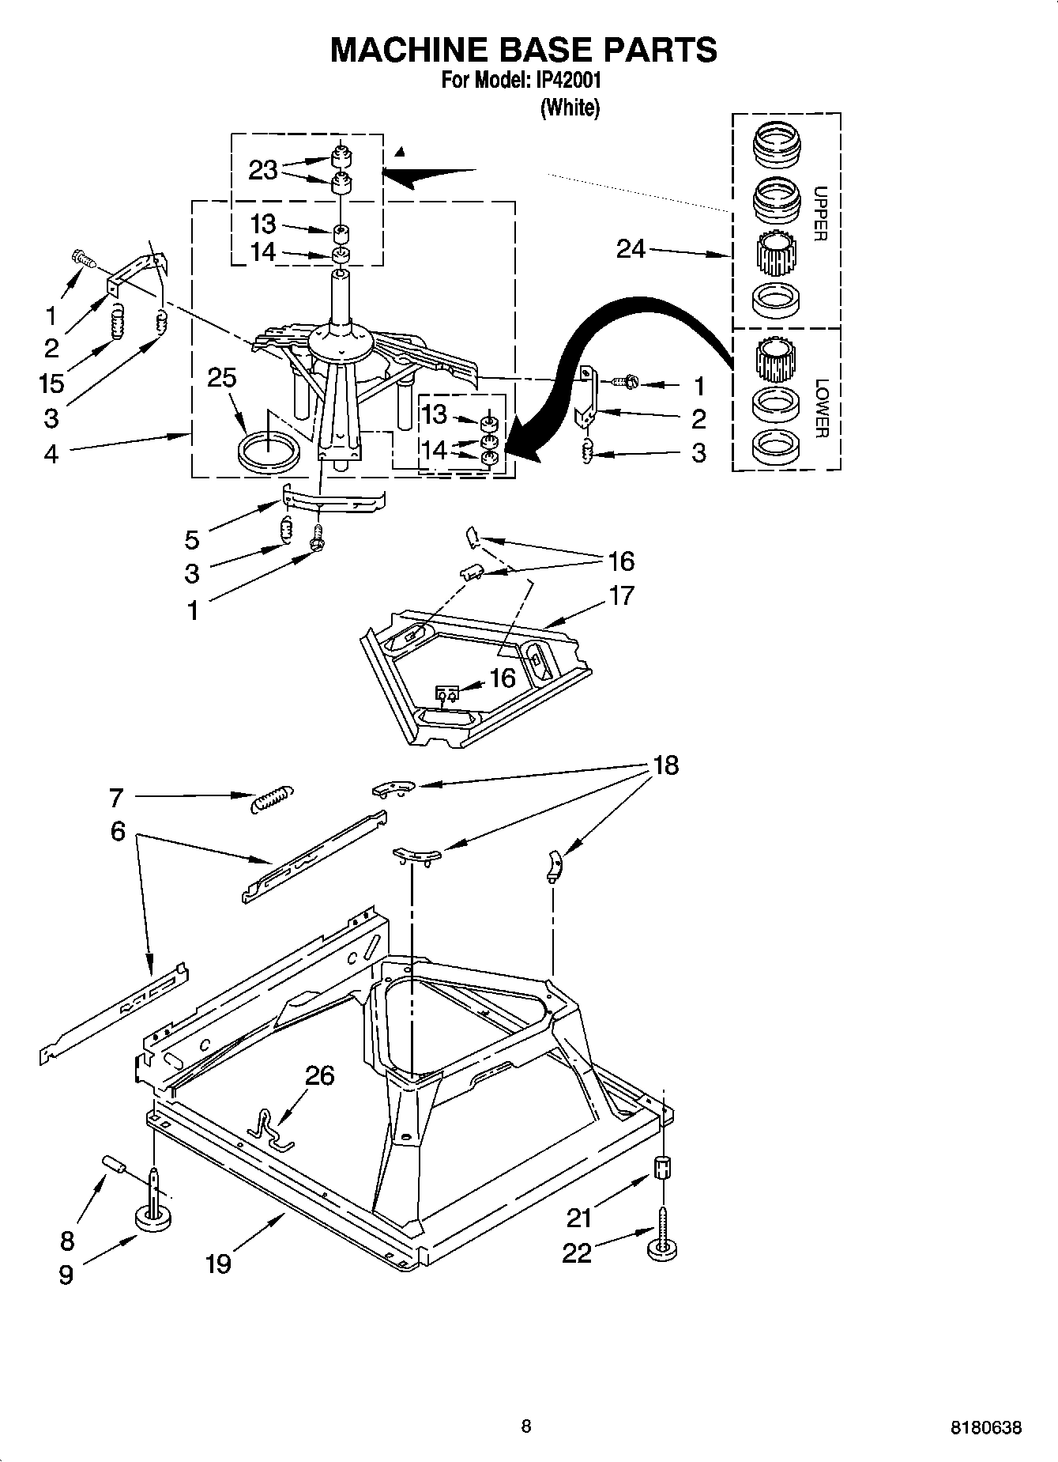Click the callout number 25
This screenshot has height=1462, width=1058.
click(222, 378)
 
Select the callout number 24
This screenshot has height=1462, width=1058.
click(631, 249)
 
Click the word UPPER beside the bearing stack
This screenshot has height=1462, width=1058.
click(820, 213)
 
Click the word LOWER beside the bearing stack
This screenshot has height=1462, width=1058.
click(820, 408)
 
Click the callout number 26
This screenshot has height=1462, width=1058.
click(319, 1075)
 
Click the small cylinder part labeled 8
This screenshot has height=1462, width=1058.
click(115, 1164)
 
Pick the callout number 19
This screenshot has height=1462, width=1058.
click(218, 1264)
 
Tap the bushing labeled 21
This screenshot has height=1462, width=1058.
click(662, 1167)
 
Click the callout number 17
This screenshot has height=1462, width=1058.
click(622, 595)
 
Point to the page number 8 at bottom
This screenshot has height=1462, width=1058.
click(526, 1426)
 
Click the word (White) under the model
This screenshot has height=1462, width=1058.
click(569, 108)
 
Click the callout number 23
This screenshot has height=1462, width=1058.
click(262, 170)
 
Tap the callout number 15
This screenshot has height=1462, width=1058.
click(51, 383)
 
